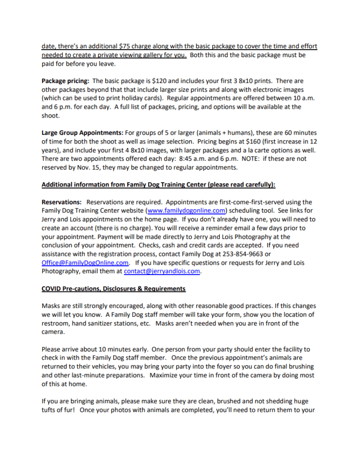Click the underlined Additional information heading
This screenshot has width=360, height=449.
pyautogui.click(x=158, y=185)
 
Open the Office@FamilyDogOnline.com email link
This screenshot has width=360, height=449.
pyautogui.click(x=85, y=262)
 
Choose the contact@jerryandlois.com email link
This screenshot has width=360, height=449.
pyautogui.click(x=162, y=271)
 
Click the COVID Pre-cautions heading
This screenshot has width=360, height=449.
pyautogui.click(x=113, y=288)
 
